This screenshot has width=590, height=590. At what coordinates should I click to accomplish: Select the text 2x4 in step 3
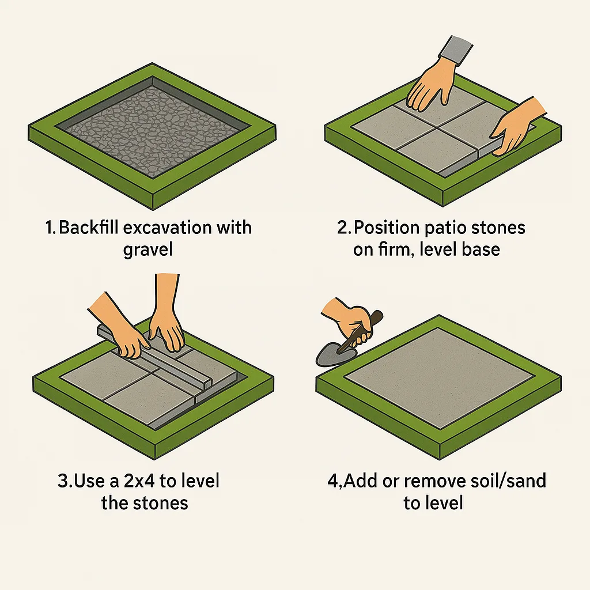coord(137,481)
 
